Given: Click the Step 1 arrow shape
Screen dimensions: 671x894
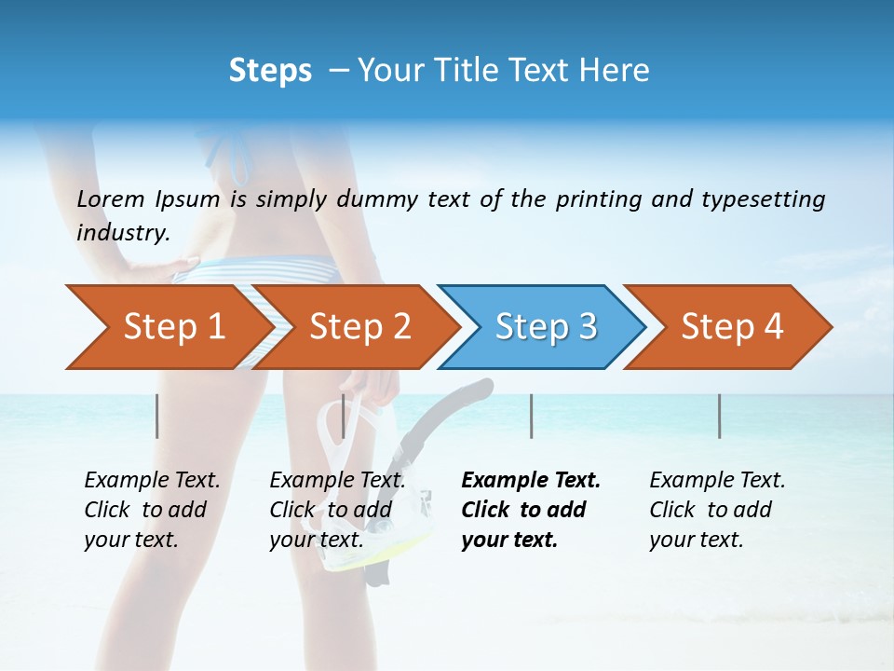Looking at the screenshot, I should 168,327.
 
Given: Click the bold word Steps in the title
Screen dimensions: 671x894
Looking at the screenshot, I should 270,70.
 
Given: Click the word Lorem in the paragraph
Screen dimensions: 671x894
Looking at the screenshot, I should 111,199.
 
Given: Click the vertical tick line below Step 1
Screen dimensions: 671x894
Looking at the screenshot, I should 157,416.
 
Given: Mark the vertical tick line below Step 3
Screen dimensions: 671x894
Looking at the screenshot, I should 531,416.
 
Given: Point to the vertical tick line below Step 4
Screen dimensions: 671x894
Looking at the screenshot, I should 719,416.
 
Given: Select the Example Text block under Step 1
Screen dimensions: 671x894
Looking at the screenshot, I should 152,510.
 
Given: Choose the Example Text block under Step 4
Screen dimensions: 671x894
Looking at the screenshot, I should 717,510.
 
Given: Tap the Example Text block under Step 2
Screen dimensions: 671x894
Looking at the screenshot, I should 337,510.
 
